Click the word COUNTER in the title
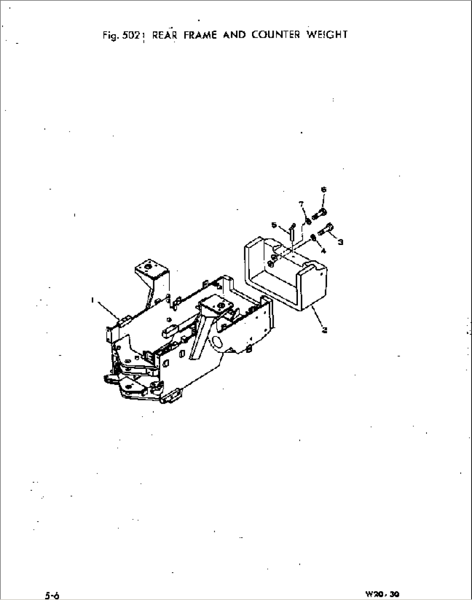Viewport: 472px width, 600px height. [x=275, y=35]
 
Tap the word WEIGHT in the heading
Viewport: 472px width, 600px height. [x=327, y=35]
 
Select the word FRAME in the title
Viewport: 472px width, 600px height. [x=200, y=35]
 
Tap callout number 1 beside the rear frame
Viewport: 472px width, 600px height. [x=93, y=299]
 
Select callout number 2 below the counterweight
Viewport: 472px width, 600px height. [x=324, y=330]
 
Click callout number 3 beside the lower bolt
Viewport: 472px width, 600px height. [x=340, y=242]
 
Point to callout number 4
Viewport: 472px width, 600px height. [x=323, y=250]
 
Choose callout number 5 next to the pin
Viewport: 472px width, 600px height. [x=274, y=225]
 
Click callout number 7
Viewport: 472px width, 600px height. [x=301, y=203]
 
